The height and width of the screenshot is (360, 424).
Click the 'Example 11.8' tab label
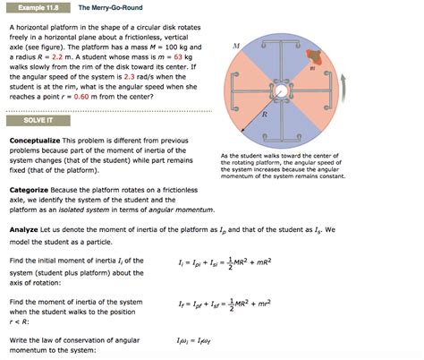34,7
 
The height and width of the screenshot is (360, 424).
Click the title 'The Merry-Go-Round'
109,7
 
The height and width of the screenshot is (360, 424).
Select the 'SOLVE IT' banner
30,120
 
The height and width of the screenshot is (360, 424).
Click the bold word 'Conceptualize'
39,141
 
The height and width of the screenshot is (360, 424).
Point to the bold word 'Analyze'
28,229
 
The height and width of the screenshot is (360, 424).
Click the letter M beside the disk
235,45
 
